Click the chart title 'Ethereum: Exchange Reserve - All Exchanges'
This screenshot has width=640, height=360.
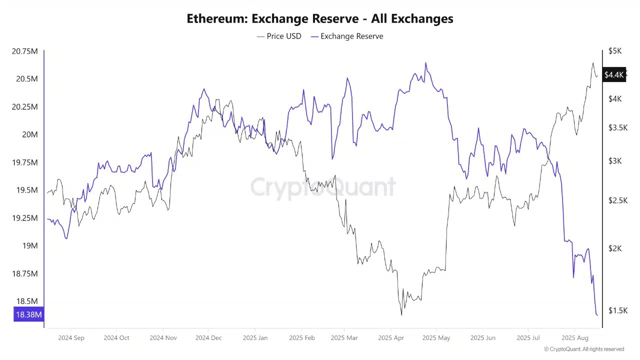tap(320, 19)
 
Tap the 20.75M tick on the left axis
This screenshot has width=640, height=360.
tap(24, 51)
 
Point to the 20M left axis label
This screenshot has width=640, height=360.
tap(29, 134)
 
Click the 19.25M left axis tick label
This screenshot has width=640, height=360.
tap(24, 218)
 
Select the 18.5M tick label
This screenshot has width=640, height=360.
tap(27, 301)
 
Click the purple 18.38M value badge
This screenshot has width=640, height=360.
tap(28, 314)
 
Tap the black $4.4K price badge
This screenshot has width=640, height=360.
tap(614, 75)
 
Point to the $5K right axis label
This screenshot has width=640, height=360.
tap(615, 51)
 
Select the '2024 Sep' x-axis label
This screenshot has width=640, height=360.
tap(71, 338)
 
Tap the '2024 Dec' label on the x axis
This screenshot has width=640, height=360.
tap(208, 338)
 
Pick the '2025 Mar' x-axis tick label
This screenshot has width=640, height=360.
tap(344, 338)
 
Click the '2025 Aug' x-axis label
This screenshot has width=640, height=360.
tap(575, 338)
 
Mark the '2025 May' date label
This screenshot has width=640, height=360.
tap(436, 338)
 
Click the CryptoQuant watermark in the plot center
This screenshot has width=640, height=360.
tap(323, 187)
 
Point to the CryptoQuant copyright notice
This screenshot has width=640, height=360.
tap(584, 349)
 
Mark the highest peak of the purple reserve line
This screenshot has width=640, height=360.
tap(425, 63)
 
